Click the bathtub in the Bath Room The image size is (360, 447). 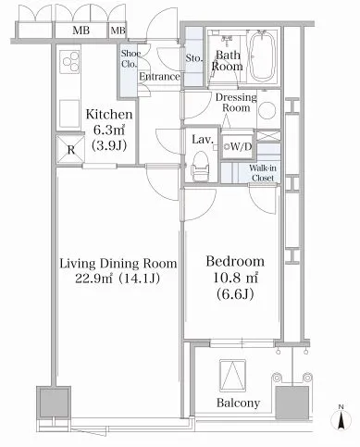[x=262, y=56]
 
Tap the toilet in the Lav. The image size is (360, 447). [x=200, y=167]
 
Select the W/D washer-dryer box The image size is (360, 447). [x=237, y=147]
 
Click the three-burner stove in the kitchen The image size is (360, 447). [x=70, y=61]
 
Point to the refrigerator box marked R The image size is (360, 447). [x=70, y=150]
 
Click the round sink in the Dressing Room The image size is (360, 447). [x=267, y=111]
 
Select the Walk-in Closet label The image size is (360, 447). [x=263, y=173]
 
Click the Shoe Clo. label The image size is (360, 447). [x=130, y=58]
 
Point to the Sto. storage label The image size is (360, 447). [x=194, y=57]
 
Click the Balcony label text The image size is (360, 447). [x=238, y=403]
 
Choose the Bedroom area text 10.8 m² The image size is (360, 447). [x=236, y=278]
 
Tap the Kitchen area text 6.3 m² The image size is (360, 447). [x=109, y=130]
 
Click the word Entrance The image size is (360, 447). [x=159, y=77]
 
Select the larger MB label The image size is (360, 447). [x=81, y=31]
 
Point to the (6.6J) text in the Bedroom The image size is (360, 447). [x=235, y=294]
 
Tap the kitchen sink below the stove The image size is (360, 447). [x=69, y=114]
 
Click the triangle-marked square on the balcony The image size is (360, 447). [x=232, y=376]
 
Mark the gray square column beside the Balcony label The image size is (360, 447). [x=292, y=403]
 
